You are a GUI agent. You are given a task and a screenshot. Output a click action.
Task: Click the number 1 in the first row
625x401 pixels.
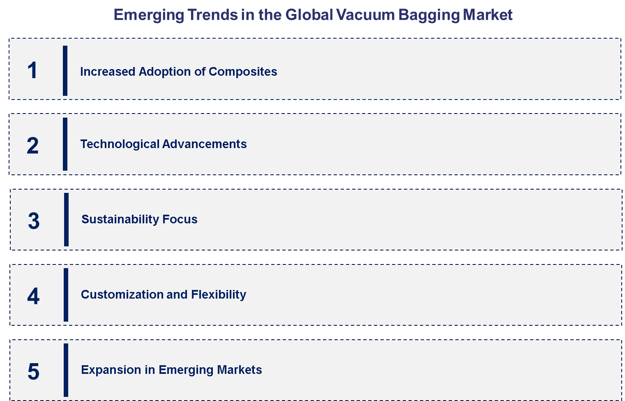coord(32,70)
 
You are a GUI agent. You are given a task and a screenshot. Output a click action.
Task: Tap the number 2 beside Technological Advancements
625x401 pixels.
coord(32,146)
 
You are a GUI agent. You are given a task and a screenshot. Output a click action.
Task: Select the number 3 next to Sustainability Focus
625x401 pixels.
coord(34,221)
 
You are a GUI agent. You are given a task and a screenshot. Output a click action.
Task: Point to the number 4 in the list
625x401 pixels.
coord(33,296)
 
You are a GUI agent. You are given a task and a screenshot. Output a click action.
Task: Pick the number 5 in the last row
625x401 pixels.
coord(33,371)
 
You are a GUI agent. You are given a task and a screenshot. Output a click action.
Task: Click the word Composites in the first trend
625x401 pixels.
coord(243,72)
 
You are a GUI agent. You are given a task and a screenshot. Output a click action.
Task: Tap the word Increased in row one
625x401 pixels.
coord(108,72)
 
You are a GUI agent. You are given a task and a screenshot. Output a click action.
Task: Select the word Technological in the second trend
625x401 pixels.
coord(120,144)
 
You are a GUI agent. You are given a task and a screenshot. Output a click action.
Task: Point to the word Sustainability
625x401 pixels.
coord(120,219)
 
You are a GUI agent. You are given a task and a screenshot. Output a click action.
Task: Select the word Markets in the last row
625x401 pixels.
coord(240,370)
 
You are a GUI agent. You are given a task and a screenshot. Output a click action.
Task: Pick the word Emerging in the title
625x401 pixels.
coord(148,15)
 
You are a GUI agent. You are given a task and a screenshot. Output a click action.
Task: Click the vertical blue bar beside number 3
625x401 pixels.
coord(66,220)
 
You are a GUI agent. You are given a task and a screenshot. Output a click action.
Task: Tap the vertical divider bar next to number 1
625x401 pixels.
coord(65,71)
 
